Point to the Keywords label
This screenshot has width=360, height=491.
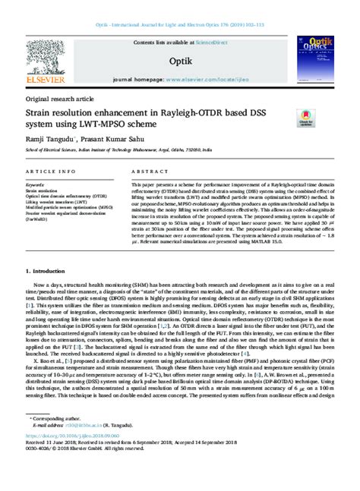pos(34,184)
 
